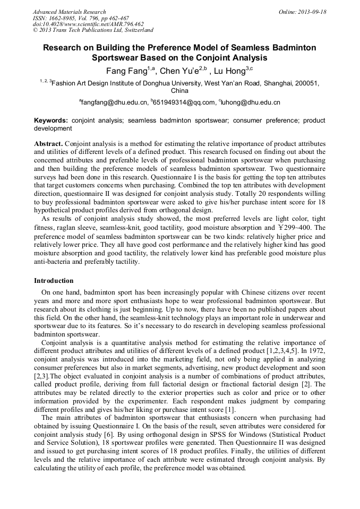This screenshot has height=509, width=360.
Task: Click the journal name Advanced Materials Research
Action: coord(69,12)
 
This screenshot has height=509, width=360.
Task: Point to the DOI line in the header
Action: coord(88,24)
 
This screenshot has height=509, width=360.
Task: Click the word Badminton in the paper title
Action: coord(295,48)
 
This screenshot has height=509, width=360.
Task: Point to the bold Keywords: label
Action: coord(51,121)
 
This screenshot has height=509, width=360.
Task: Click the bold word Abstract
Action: coord(48,144)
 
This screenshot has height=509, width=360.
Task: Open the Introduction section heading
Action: coord(54,280)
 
